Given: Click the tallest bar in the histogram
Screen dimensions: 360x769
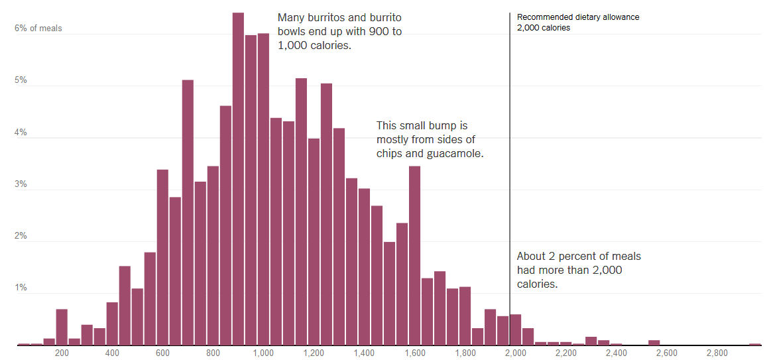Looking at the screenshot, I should (x=238, y=179).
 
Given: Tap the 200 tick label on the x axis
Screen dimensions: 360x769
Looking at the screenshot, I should (x=62, y=353).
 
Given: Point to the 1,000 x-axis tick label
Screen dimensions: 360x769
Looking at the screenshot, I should (x=263, y=353).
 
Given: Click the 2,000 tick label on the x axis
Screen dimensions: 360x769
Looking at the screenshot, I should (x=516, y=353).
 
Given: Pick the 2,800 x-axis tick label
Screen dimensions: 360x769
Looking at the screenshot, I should (x=717, y=353).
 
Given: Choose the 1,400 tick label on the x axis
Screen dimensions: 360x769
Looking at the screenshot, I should (x=364, y=353).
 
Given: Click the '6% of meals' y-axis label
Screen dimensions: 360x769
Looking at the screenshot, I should (x=38, y=29).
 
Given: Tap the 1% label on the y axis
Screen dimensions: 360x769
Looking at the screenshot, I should (x=21, y=288).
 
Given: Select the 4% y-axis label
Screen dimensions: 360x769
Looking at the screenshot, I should (x=21, y=133).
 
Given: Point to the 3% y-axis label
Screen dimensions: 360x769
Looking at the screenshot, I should (x=21, y=184).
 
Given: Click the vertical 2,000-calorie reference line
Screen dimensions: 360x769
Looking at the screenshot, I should (x=510, y=166).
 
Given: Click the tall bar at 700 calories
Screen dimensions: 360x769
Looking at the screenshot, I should (x=188, y=212).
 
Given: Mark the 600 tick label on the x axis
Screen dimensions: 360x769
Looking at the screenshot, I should (x=162, y=353).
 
